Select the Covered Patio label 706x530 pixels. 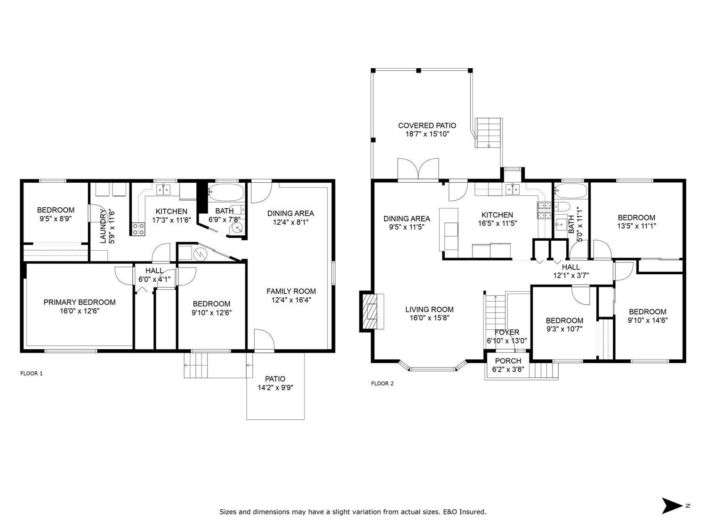(427, 125)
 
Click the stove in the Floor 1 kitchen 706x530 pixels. (138, 229)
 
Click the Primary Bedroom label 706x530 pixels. (80, 302)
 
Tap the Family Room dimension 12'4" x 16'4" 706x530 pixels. (291, 300)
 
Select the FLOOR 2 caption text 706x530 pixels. (382, 383)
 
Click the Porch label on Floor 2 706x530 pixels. (508, 361)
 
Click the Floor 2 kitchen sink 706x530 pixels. (512, 189)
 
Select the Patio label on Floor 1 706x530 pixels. (275, 379)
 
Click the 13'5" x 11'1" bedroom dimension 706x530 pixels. (636, 226)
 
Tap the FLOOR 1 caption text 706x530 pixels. (32, 374)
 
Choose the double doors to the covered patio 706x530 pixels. (418, 170)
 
